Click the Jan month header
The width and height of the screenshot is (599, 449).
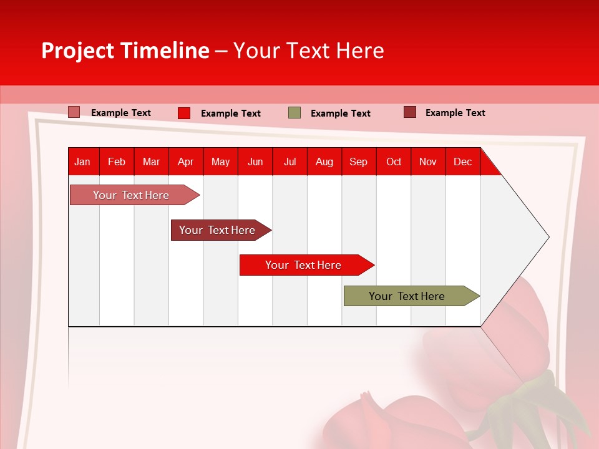point(82,162)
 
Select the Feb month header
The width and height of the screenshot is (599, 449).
point(117,162)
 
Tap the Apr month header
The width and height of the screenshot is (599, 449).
point(185,162)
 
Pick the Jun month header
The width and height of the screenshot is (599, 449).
point(255,162)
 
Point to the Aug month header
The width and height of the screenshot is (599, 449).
point(324,162)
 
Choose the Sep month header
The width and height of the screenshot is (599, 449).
point(358,162)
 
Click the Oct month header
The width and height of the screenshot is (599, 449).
point(394,162)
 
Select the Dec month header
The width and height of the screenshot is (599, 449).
point(462,162)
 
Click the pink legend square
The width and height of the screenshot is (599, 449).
point(74,112)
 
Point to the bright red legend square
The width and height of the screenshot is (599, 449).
point(184,113)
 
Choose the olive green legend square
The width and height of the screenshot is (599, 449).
point(295,113)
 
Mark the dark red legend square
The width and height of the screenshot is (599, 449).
point(410,112)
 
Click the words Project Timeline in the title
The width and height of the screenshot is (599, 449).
point(125,51)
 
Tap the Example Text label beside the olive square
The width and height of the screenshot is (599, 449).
point(340,113)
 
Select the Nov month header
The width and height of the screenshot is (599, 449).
point(428,162)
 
